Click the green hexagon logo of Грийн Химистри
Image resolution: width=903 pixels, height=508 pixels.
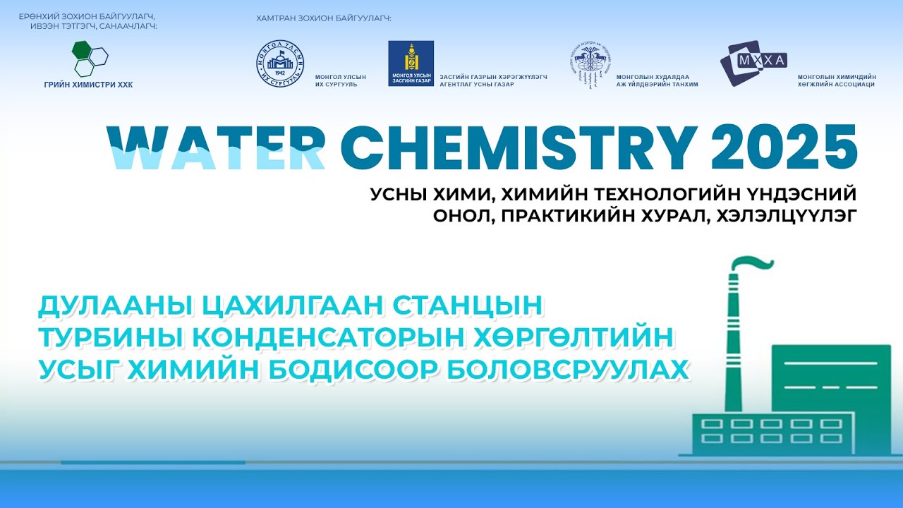click(90, 59)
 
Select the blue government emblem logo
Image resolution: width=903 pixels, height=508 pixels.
click(411, 64)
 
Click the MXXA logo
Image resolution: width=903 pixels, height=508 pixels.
click(753, 62)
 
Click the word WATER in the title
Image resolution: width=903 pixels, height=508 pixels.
click(215, 147)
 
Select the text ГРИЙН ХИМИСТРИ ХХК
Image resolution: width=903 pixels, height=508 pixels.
click(88, 85)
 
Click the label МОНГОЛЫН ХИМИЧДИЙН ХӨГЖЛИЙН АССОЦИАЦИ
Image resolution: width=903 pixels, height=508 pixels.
click(836, 80)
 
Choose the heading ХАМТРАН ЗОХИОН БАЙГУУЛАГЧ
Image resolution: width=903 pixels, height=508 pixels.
click(323, 18)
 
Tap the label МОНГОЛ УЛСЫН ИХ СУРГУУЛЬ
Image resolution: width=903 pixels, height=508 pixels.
click(341, 80)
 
